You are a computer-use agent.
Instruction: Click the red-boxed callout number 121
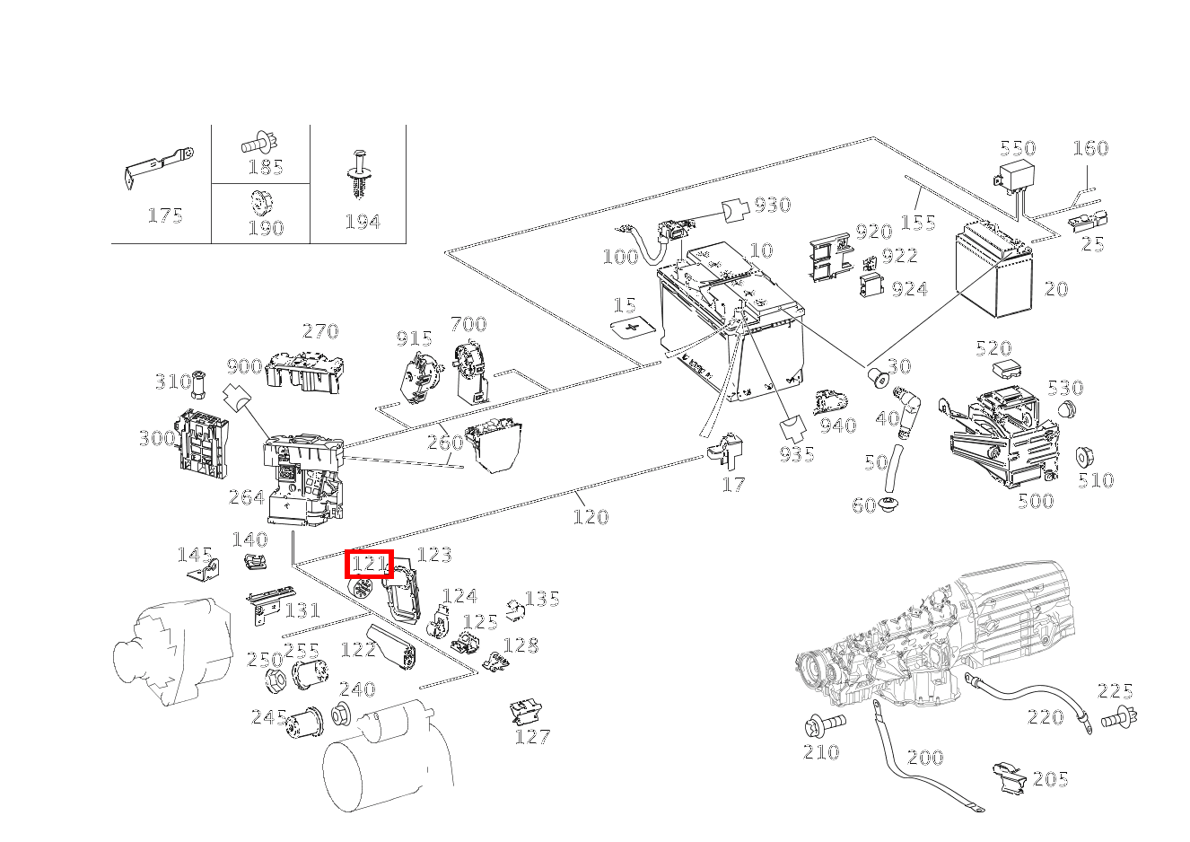[x=370, y=564]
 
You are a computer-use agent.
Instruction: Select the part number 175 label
[x=164, y=215]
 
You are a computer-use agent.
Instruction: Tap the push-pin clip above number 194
[x=361, y=176]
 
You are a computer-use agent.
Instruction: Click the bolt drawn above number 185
[x=259, y=142]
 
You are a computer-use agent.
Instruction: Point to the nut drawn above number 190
[x=260, y=202]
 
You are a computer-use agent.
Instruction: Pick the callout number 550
[x=1018, y=148]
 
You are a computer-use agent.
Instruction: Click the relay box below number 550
[x=1017, y=176]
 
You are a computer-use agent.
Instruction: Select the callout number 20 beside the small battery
[x=1056, y=289]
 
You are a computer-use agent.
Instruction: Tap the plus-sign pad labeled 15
[x=634, y=328]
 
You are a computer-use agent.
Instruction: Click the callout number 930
[x=772, y=205]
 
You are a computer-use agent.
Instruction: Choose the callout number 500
[x=1035, y=501]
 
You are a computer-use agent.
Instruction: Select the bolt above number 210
[x=824, y=723]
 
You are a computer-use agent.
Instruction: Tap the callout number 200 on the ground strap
[x=925, y=757]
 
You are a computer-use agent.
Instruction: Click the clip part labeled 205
[x=1011, y=777]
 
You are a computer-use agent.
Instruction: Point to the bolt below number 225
[x=1121, y=716]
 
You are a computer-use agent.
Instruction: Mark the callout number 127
[x=532, y=737]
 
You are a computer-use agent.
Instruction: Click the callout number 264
[x=247, y=497]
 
